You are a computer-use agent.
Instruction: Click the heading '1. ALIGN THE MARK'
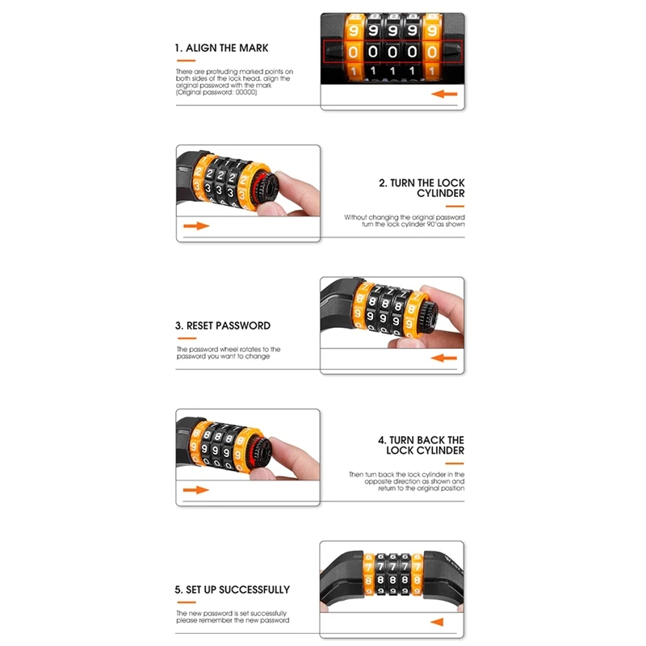[x=221, y=48]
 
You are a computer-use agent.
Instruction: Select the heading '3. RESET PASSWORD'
[x=223, y=326]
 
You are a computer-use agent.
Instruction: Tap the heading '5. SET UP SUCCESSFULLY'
[x=233, y=590]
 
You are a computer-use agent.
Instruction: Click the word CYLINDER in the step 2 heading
[x=440, y=193]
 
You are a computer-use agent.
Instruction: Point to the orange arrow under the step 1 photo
[x=444, y=94]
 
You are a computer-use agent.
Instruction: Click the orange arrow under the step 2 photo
[x=196, y=226]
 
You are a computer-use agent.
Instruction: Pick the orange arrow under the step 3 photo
[x=443, y=358]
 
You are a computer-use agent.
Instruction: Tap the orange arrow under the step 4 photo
[x=195, y=490]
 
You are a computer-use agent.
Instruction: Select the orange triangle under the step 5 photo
[x=437, y=622]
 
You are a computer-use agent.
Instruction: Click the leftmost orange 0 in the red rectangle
[x=353, y=52]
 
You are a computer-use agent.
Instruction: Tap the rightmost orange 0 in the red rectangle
[x=432, y=52]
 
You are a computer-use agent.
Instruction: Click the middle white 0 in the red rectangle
[x=392, y=52]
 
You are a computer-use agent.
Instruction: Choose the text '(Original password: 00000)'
[x=216, y=93]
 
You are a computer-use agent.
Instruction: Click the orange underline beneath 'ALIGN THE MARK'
[x=186, y=61]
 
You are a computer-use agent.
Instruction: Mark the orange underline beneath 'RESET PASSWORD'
[x=187, y=338]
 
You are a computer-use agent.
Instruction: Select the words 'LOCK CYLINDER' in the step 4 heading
[x=426, y=451]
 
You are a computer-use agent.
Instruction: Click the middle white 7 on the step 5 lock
[x=392, y=568]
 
